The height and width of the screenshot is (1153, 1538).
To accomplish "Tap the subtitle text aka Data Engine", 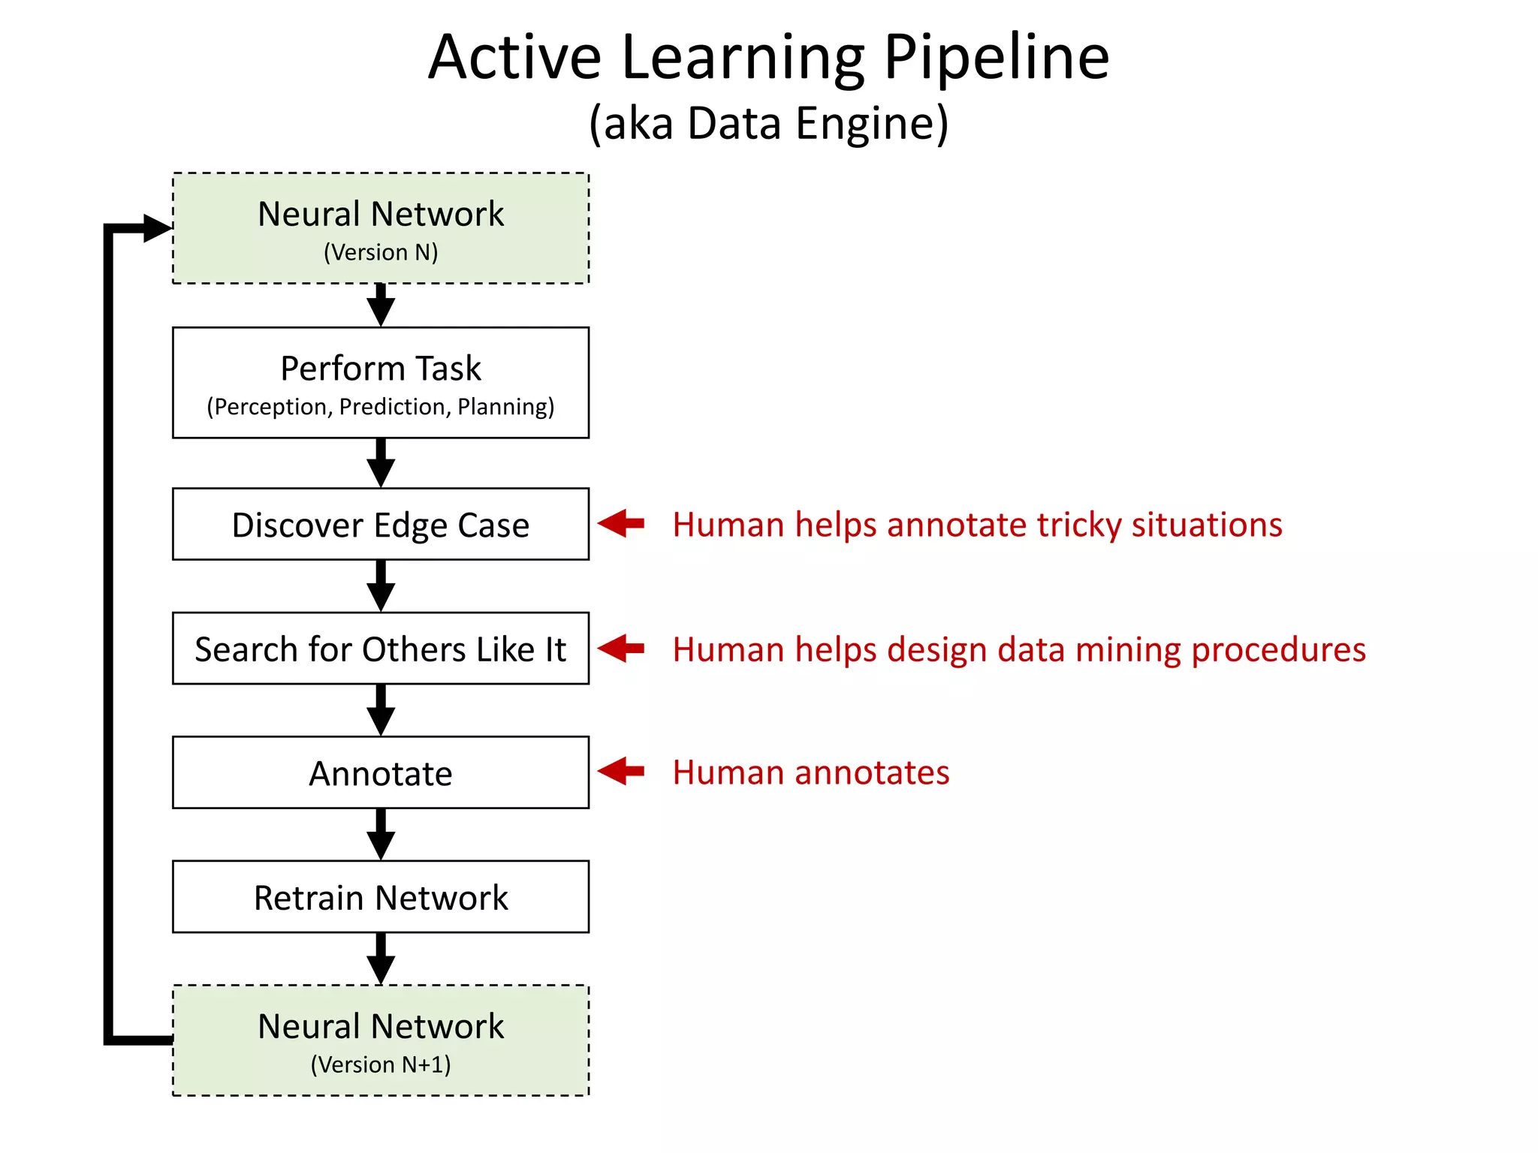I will click(769, 123).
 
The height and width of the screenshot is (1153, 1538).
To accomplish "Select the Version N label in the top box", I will click(381, 252).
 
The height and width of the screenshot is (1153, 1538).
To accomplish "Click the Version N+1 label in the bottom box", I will click(381, 1064).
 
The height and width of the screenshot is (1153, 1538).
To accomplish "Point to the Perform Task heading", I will click(381, 369).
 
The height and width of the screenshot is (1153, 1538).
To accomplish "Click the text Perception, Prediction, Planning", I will click(381, 407).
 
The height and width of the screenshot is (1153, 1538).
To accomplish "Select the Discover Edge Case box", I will click(381, 525).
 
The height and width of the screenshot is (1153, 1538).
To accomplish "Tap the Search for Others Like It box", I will click(381, 649).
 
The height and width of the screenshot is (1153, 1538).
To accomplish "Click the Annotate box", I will click(381, 773).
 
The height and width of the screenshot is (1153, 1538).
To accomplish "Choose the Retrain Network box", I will click(381, 898).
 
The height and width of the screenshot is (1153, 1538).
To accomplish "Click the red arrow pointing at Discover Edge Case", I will click(622, 524).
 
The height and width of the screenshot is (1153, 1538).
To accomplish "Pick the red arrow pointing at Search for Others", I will click(622, 649).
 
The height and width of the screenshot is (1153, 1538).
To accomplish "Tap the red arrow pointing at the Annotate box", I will click(622, 771).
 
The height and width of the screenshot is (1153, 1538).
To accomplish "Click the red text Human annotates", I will click(810, 772).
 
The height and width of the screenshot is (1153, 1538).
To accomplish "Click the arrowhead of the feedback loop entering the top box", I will click(156, 228).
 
